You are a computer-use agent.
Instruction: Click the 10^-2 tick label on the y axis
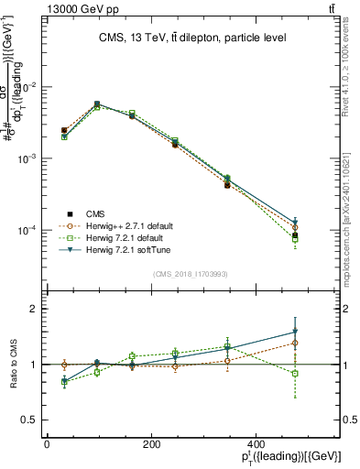point(29,87)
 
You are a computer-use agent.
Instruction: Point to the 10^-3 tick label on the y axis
point(29,158)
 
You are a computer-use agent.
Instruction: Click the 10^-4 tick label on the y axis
point(29,230)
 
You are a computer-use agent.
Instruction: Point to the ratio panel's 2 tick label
point(36,309)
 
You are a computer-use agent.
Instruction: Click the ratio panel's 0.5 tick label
point(32,420)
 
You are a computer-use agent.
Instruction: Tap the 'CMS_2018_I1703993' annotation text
point(190,274)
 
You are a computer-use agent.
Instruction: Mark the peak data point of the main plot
point(97,104)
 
